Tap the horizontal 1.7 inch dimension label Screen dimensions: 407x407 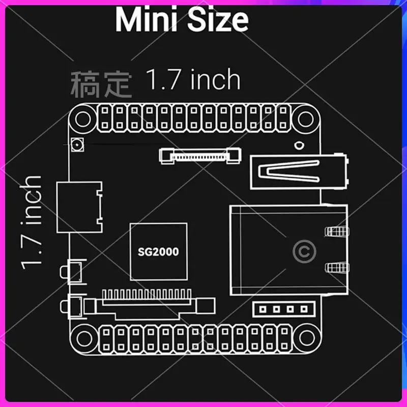tap(193, 80)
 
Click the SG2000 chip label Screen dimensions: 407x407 tap(158, 251)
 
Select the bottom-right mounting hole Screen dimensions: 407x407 tap(306, 337)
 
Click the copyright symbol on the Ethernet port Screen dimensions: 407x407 tap(305, 251)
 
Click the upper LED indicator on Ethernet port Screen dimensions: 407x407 tap(336, 232)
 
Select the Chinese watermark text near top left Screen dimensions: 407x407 tap(101, 84)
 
